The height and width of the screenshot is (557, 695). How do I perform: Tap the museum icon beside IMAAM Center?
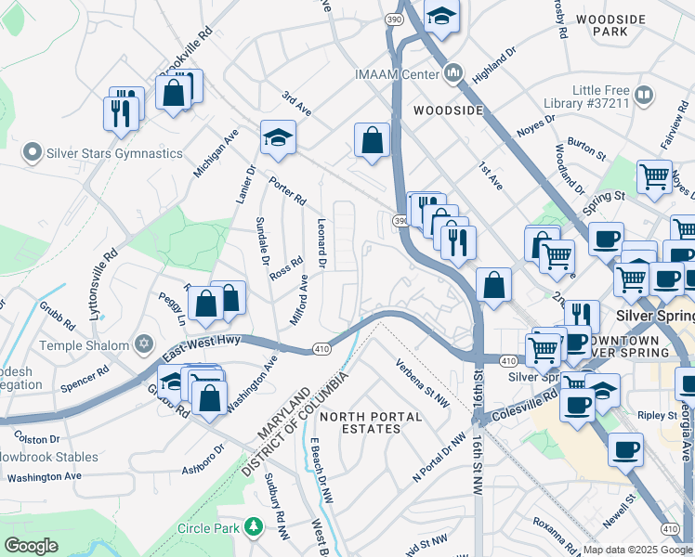coord(453,71)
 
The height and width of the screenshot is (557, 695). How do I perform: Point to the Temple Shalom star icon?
coord(142,345)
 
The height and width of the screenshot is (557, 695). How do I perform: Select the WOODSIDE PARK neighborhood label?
coord(610,25)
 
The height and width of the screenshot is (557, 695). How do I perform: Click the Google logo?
coord(31,546)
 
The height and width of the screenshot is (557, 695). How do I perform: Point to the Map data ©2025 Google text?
coord(637,550)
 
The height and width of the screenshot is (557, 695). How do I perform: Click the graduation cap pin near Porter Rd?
coord(278,137)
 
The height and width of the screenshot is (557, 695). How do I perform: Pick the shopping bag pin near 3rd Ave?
coord(372,141)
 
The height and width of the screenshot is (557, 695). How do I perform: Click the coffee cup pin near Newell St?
coord(625,448)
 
